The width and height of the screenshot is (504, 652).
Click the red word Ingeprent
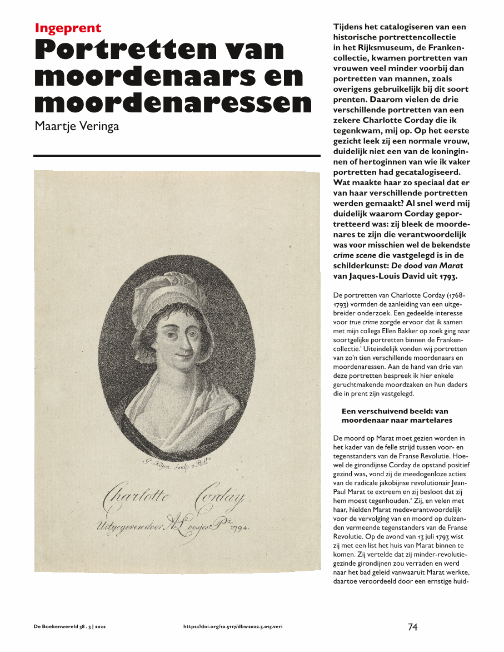pyautogui.click(x=68, y=28)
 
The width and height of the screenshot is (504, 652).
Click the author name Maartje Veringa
pyautogui.click(x=77, y=126)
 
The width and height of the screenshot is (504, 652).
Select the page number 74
pyautogui.click(x=412, y=627)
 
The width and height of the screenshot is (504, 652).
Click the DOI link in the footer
pyautogui.click(x=236, y=627)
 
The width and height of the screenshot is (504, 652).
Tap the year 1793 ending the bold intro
pyautogui.click(x=451, y=276)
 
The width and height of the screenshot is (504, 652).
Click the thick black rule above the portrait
pyautogui.click(x=177, y=156)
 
